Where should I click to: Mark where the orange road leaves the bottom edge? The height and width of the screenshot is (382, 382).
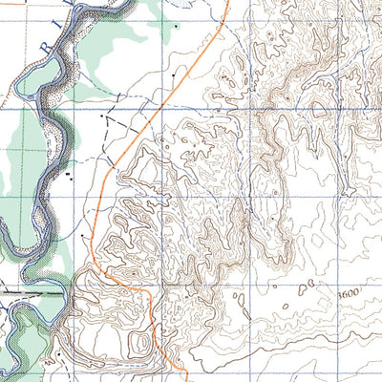point(183,379)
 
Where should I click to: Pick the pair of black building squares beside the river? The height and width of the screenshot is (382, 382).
point(69,175)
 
